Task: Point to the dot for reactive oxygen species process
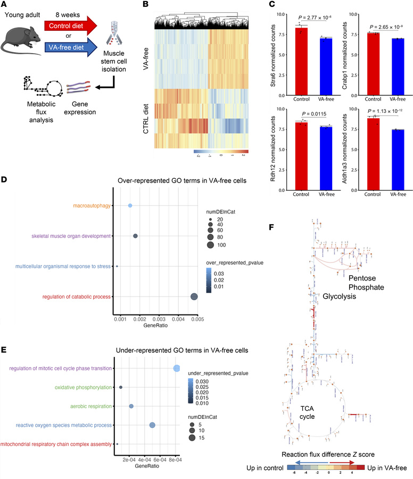(x=152, y=425)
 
